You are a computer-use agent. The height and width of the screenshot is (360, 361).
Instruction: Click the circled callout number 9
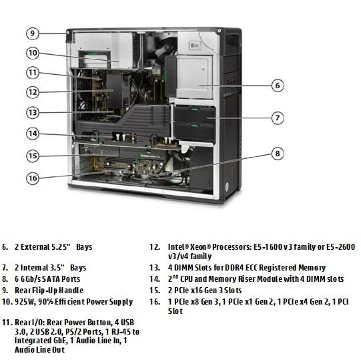point(33,33)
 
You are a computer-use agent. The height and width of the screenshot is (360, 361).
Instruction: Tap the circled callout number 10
point(33,53)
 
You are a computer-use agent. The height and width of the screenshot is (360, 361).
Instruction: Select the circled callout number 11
point(33,73)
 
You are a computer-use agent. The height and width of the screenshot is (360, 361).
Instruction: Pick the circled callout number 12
point(33,92)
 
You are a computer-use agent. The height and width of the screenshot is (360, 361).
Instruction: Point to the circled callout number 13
point(33,113)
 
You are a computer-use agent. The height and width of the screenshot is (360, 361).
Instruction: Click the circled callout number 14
point(33,134)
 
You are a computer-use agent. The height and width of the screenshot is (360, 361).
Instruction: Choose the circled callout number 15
point(33,156)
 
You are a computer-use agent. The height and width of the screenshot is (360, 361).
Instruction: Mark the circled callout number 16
point(33,178)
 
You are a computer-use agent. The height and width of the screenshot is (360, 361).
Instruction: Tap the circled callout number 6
point(278,85)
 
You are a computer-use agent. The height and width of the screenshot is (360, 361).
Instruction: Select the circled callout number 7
point(278,118)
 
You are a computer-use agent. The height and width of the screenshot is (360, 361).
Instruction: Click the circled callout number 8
point(278,154)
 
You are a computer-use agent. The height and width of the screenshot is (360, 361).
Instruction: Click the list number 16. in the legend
point(155,302)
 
